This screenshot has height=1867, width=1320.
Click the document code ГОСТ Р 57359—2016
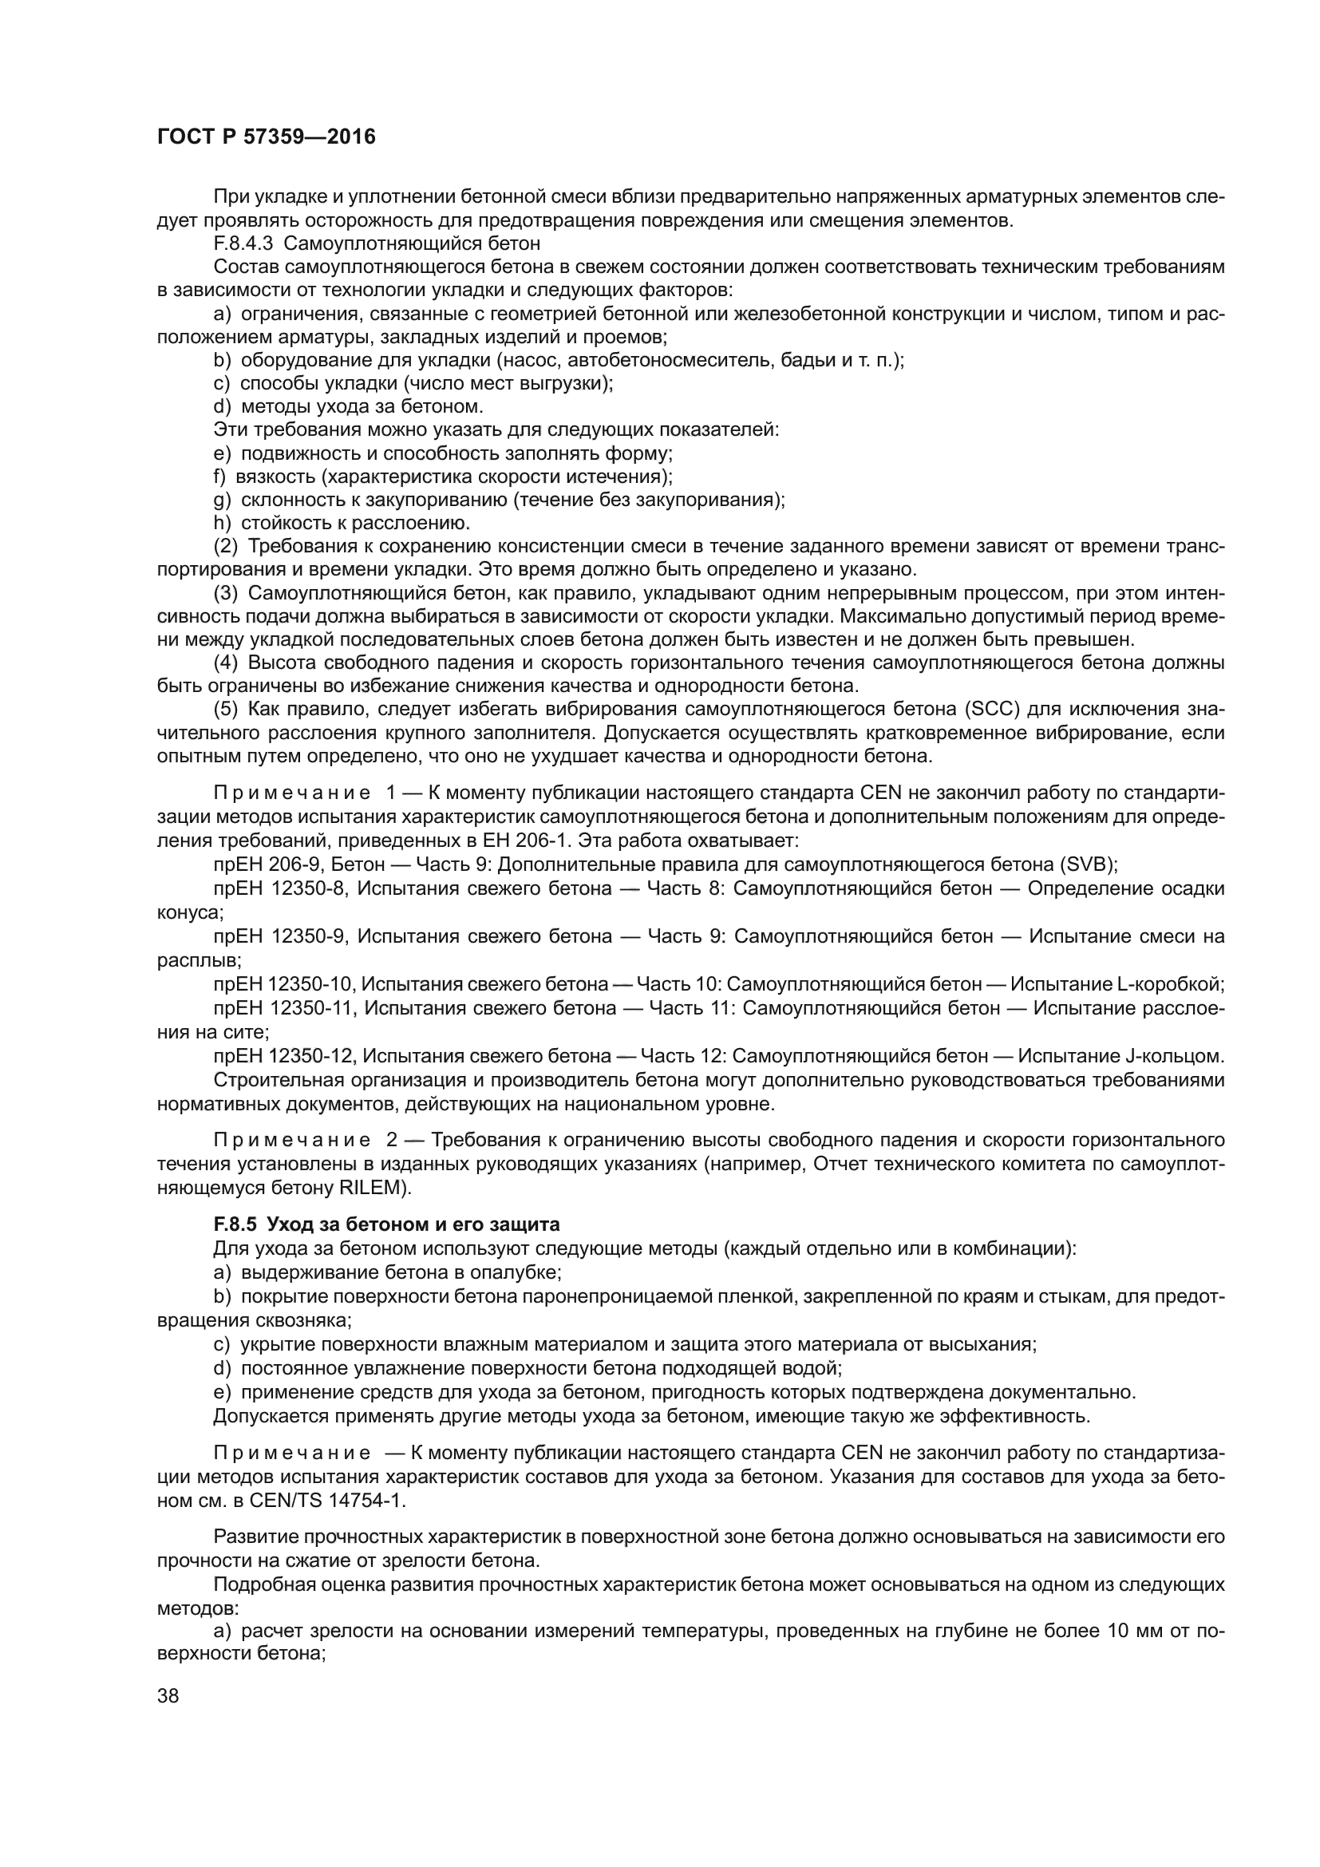(266, 136)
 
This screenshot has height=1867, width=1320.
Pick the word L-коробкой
(1171, 985)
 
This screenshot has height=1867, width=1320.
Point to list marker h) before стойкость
(223, 522)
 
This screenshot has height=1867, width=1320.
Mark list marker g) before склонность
(223, 499)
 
